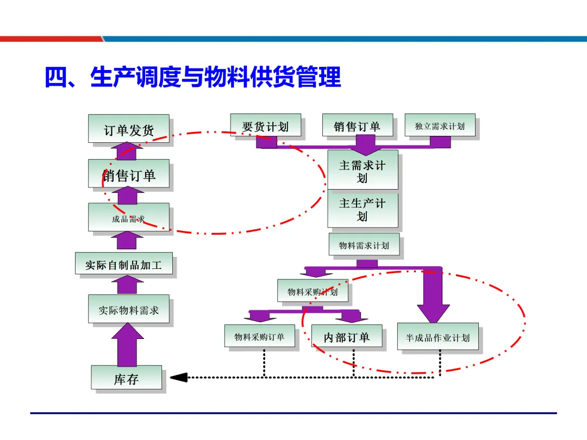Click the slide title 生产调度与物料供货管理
[193, 77]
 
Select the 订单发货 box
[129, 129]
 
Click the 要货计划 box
[265, 127]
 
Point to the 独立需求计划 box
[440, 125]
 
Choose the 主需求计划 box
[363, 170]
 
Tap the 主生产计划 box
[363, 209]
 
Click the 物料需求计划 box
[364, 245]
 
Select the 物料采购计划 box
[313, 291]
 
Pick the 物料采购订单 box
[260, 336]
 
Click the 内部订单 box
[347, 337]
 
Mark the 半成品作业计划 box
[438, 337]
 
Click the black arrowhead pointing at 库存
[179, 377]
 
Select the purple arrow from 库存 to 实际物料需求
[128, 344]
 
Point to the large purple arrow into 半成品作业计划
[433, 296]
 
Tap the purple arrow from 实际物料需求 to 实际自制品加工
[128, 284]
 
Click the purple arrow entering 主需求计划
[365, 145]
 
